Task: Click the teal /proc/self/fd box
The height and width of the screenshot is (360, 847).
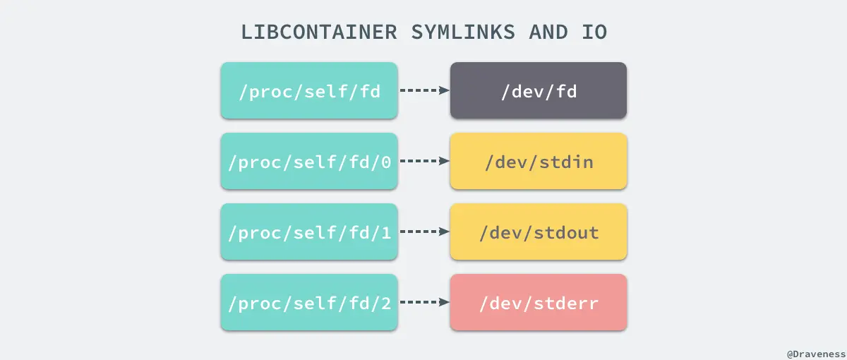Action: (309, 90)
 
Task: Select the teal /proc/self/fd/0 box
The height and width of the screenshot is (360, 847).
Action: (309, 161)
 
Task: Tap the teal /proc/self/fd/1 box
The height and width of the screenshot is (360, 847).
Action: (309, 232)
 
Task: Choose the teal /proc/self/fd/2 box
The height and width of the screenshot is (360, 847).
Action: (309, 302)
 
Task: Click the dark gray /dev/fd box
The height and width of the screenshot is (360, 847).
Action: (539, 90)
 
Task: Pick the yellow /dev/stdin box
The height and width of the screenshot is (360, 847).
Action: (539, 161)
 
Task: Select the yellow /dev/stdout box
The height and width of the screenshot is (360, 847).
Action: (539, 232)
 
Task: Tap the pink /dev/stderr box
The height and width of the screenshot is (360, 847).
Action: (539, 302)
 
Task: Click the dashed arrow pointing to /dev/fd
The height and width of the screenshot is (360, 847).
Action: (424, 90)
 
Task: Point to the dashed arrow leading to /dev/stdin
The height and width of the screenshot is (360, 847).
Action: (424, 161)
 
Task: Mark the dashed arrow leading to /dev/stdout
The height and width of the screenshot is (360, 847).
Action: (424, 232)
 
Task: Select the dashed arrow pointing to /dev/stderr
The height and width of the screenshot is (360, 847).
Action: (424, 302)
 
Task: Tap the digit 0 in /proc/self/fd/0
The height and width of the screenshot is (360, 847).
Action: (385, 162)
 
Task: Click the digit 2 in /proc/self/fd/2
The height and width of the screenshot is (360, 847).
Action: (385, 304)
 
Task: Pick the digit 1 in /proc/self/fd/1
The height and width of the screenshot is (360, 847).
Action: (385, 233)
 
